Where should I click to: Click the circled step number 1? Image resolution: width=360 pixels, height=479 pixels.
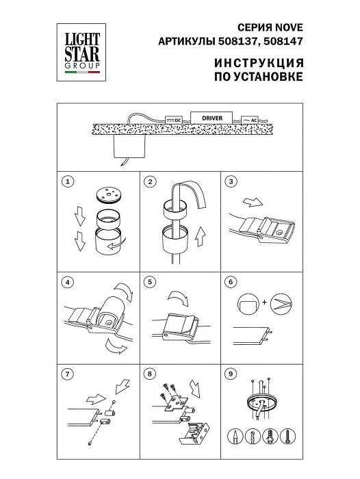click(66, 182)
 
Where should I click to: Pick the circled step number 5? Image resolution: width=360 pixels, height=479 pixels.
click(151, 281)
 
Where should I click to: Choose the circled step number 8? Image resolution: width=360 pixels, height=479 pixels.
click(151, 374)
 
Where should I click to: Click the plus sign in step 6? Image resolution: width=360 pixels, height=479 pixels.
click(263, 300)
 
